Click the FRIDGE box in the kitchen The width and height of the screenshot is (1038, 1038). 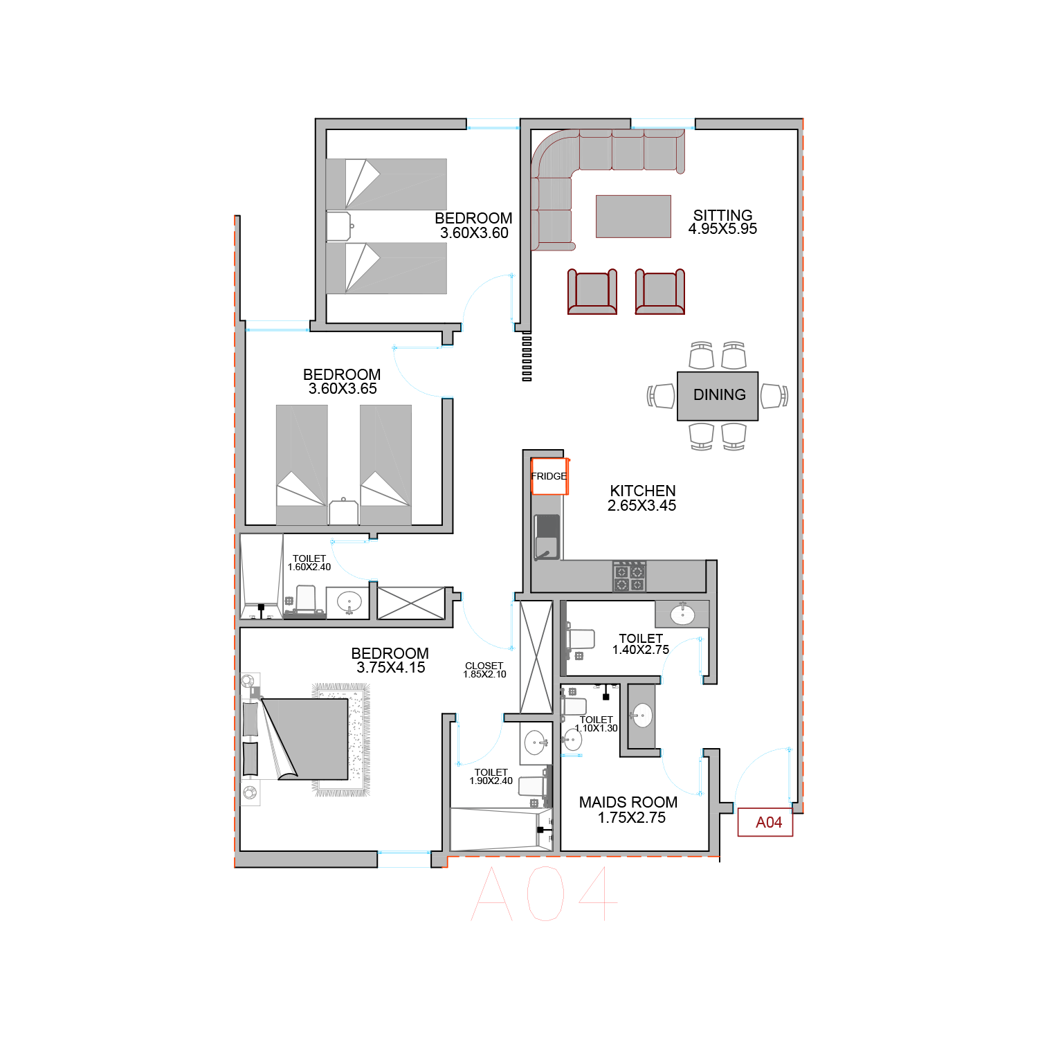coord(549,476)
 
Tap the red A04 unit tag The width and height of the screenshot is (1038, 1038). coord(765,822)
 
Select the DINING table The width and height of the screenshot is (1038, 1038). coord(718,396)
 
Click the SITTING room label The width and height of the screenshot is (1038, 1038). coord(722,215)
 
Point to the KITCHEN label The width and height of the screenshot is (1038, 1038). coord(643,491)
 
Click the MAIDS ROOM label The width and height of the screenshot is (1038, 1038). coord(628,802)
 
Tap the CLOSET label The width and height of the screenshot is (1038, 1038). coord(484,666)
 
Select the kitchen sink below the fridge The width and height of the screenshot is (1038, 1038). coord(547,537)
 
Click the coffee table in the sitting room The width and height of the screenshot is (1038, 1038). coord(633,217)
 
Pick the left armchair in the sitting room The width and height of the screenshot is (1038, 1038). coord(592,291)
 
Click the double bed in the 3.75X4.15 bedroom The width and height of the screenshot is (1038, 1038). coord(304,739)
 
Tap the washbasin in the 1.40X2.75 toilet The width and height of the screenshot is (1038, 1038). coord(682,614)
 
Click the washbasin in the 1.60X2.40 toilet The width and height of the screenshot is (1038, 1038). coord(349,603)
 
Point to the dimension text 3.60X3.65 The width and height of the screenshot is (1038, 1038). coord(343,389)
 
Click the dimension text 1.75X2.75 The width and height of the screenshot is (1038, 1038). coord(632,817)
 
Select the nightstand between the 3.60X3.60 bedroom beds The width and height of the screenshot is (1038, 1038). coord(339,226)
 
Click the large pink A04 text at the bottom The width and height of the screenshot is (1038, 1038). coord(544,893)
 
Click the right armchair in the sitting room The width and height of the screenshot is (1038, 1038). coord(660,291)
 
